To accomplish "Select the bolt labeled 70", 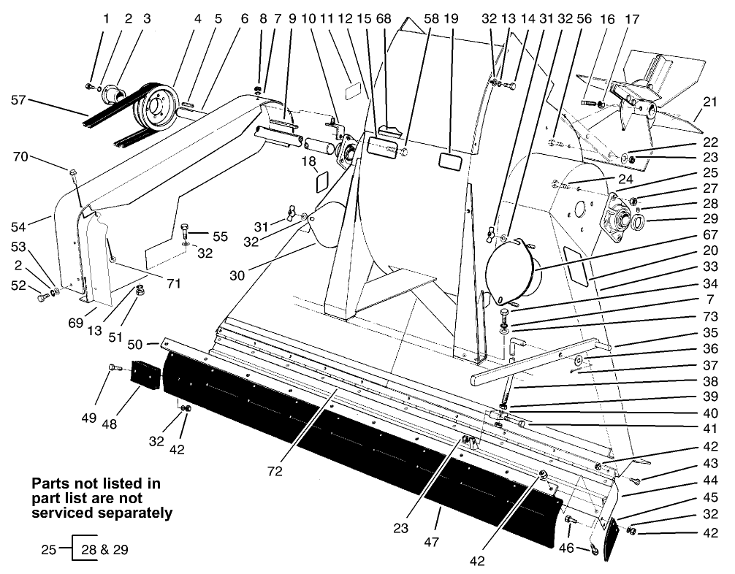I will (x=73, y=173).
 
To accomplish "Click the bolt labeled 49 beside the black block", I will (x=114, y=368).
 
